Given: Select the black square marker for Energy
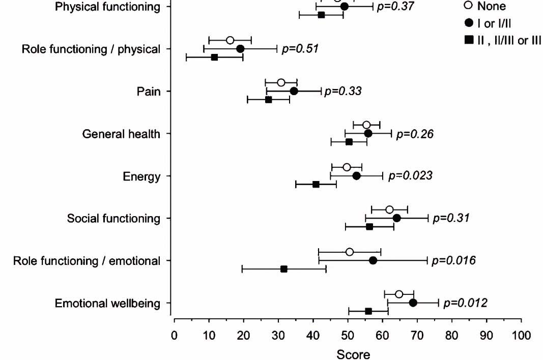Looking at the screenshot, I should [316, 184].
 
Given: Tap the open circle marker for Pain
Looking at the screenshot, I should [281, 82].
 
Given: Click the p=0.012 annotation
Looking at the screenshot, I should [465, 304].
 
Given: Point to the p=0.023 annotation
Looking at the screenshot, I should [410, 176].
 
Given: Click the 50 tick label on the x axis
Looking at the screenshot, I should [348, 336].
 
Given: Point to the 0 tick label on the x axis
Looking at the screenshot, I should [175, 336].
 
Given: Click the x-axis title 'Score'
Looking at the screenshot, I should [353, 353].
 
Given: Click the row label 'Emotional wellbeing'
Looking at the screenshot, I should [107, 304].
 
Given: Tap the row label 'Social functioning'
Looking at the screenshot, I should [113, 219].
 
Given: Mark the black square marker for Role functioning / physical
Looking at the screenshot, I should [214, 57].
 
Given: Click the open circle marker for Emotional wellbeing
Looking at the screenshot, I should [399, 294].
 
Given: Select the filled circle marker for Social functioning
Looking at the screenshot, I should [396, 218].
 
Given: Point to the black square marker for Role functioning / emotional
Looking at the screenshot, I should [284, 269].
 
